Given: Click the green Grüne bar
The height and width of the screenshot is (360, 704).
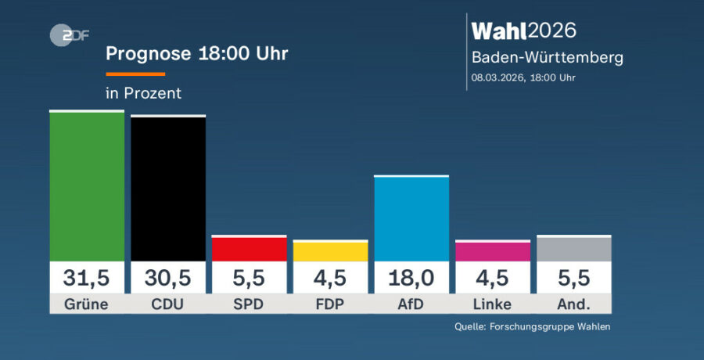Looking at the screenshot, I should tap(87, 186).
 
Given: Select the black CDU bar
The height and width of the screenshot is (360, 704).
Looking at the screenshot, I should tap(168, 189).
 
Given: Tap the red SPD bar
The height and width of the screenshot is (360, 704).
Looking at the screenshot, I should tap(250, 249).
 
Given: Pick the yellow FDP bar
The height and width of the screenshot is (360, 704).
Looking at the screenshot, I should tap(331, 251).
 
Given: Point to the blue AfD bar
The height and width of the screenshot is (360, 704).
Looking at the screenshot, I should tap(411, 219).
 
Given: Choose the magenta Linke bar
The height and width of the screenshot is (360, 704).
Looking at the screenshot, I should tap(493, 251).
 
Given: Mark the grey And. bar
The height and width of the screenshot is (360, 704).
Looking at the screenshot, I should tap(574, 249).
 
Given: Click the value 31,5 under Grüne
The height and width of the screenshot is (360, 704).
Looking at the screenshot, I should tap(87, 278).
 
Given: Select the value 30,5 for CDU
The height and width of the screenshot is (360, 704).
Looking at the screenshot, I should tap(168, 278).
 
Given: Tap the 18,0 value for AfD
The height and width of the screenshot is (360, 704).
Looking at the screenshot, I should tap(411, 278).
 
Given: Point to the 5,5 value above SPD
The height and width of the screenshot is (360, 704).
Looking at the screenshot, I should tap(250, 278).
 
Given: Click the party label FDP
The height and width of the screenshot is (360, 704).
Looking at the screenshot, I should tap(331, 304).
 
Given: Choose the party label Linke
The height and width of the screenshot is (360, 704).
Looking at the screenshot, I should tap(493, 304).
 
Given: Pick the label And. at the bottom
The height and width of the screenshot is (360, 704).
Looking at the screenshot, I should tap(574, 304).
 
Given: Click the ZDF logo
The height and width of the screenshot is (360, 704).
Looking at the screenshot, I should tap(68, 34).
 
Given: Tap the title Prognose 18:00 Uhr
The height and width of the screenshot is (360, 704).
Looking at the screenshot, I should tap(197, 54).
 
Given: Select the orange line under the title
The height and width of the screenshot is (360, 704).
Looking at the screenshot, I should tap(135, 74).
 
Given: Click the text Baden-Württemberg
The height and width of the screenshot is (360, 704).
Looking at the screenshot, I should tap(547, 58).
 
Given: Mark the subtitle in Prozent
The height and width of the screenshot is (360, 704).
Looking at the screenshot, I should tap(143, 93).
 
